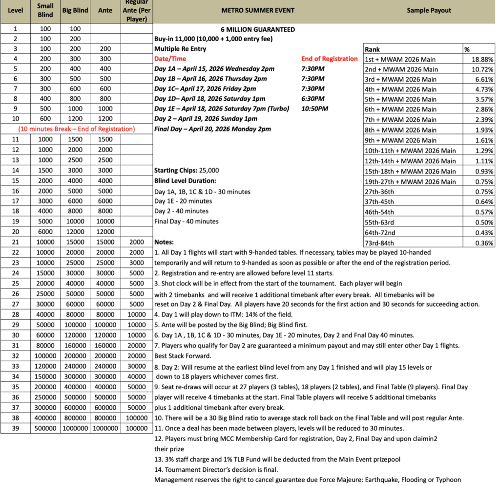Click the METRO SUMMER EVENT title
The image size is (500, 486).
pyautogui.click(x=258, y=10)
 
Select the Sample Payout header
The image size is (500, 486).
pyautogui.click(x=429, y=10)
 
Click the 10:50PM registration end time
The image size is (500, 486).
pyautogui.click(x=315, y=109)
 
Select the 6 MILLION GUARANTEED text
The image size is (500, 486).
pyautogui.click(x=258, y=29)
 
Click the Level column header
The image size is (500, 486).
pyautogui.click(x=16, y=10)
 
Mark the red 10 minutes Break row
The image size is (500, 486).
pyautogui.click(x=76, y=129)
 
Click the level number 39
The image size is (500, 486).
pyautogui.click(x=16, y=428)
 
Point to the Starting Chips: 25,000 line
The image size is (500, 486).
pyautogui.click(x=187, y=171)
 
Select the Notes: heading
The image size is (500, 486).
pyautogui.click(x=165, y=242)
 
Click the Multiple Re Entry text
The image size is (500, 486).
pyautogui.click(x=180, y=49)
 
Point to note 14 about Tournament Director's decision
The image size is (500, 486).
pyautogui.click(x=216, y=470)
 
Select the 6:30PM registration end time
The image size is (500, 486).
pyautogui.click(x=313, y=99)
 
